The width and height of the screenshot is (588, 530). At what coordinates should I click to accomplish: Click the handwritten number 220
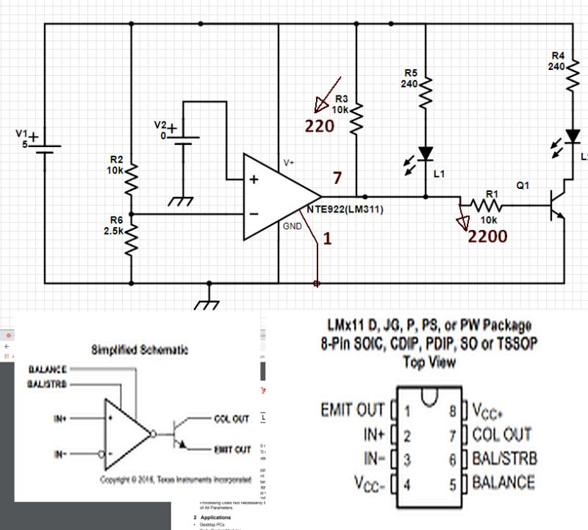coord(320,126)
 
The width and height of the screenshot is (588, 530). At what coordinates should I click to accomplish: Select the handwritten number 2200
coord(488,236)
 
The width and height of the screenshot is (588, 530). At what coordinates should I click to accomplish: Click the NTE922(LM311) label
coord(345,209)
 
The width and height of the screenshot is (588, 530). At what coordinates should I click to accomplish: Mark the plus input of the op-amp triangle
coord(254,180)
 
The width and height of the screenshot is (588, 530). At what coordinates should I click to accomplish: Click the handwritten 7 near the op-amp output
coord(337,177)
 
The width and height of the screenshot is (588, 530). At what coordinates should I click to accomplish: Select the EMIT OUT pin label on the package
coord(352,409)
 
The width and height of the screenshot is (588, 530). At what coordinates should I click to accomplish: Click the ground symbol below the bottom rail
coord(209,299)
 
